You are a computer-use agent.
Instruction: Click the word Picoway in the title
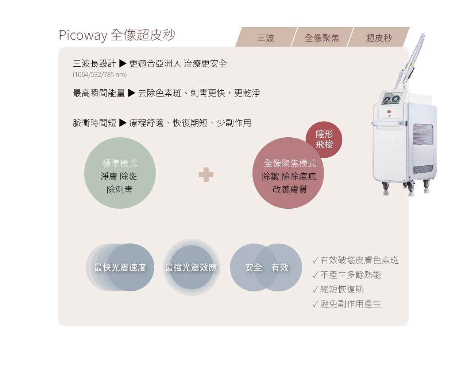(x=83, y=35)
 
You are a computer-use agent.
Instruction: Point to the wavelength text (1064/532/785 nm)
(x=100, y=75)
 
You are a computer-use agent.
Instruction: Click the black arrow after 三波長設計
(x=123, y=63)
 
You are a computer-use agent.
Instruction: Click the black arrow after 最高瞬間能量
(x=131, y=93)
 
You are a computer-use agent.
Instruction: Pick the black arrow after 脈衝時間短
(x=123, y=123)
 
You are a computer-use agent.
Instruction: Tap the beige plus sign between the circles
(x=206, y=174)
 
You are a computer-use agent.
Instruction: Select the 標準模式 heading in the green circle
(x=120, y=164)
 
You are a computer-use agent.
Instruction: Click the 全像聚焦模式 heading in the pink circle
(x=290, y=164)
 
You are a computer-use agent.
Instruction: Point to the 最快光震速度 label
(x=120, y=267)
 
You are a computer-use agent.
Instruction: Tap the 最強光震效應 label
(x=191, y=267)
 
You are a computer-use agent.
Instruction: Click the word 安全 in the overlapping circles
(x=254, y=267)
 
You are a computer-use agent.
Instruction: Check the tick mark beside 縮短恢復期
(x=315, y=290)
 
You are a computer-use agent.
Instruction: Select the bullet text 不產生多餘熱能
(x=351, y=275)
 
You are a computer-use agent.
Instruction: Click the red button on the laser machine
(x=389, y=111)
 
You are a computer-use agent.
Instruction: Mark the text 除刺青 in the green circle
(x=120, y=189)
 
